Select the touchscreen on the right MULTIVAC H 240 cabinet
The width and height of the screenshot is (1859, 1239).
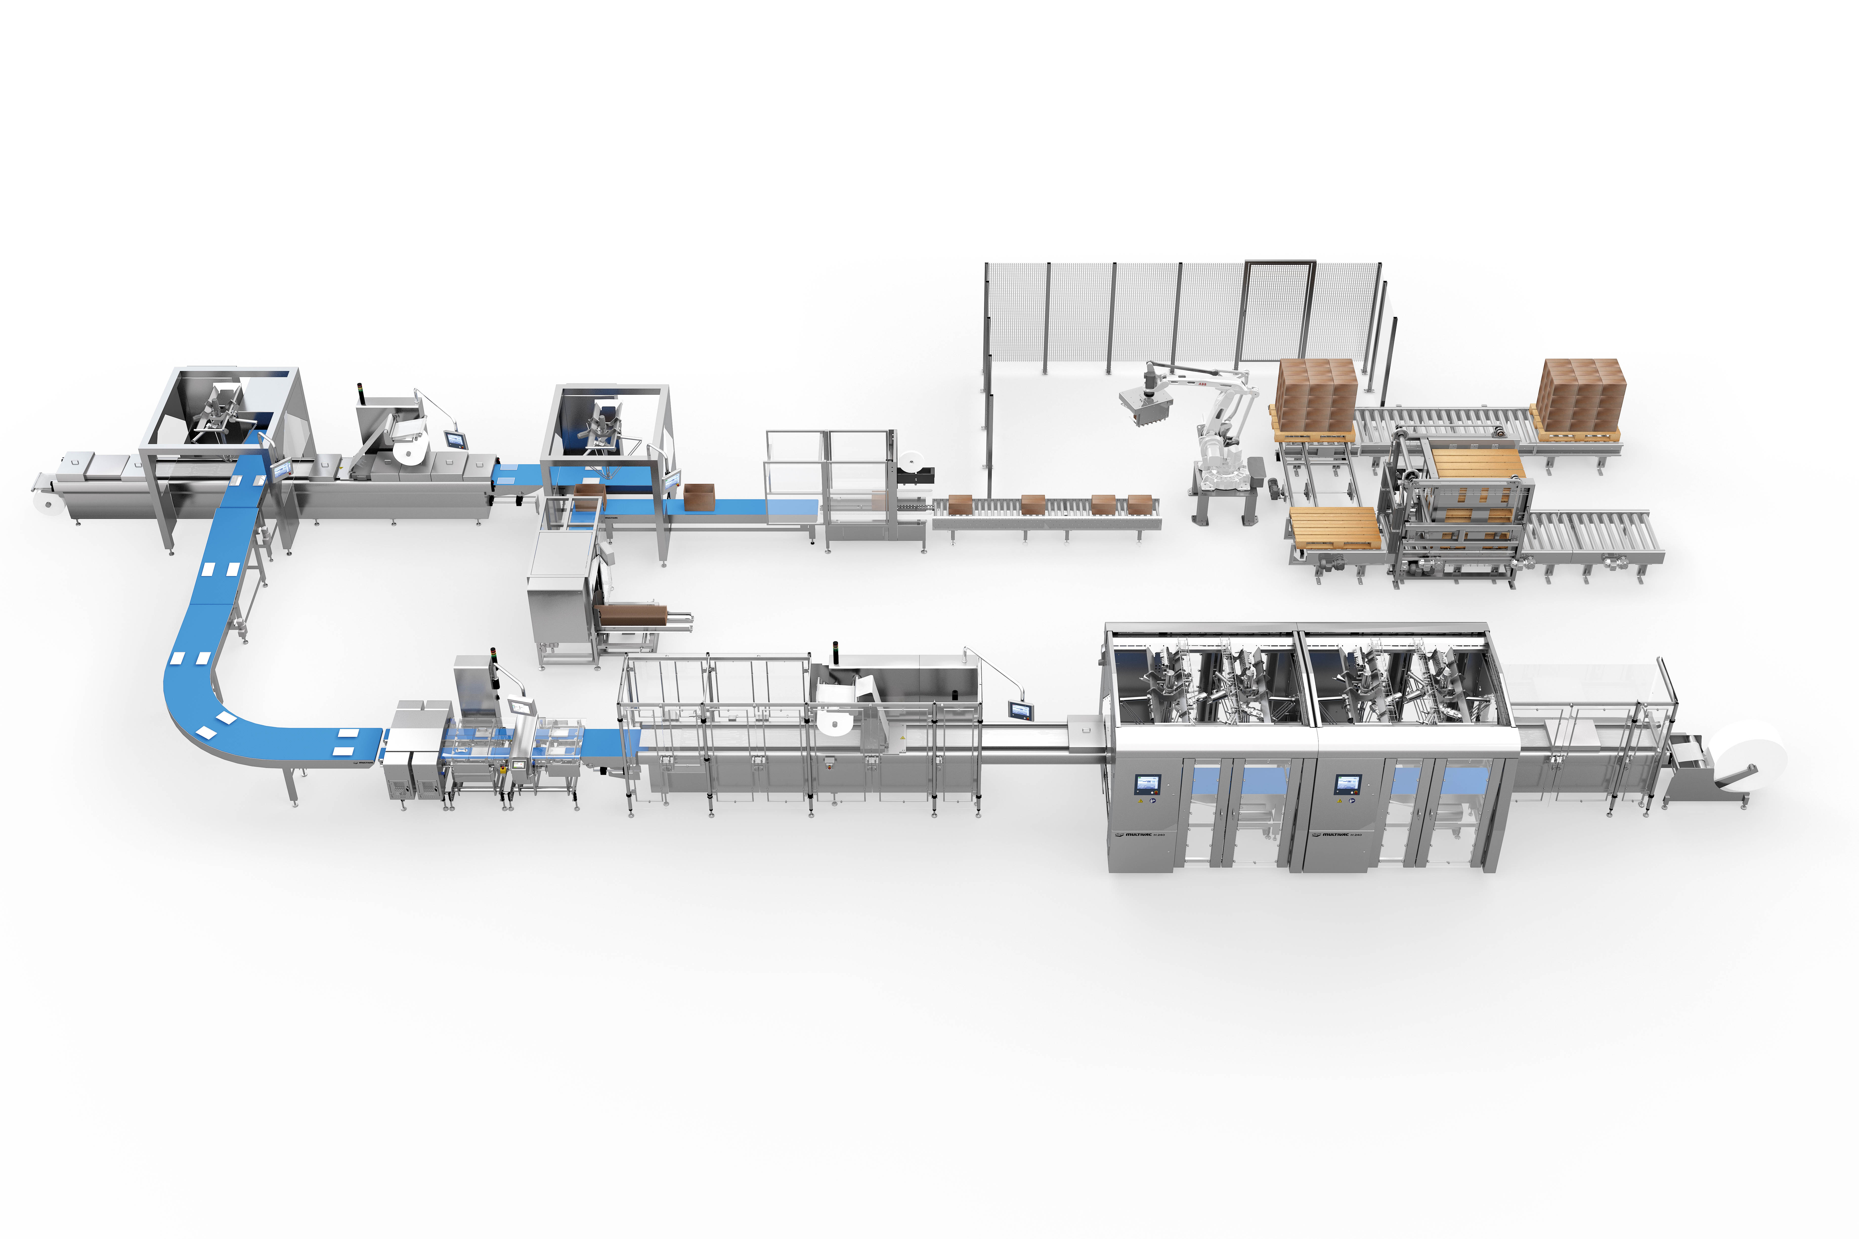click(1346, 784)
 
